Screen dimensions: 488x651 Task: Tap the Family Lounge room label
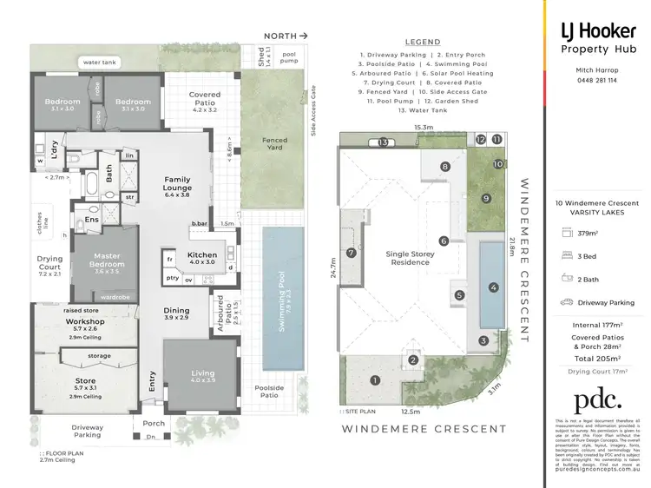click(177, 184)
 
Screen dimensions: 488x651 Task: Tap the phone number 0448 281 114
click(596, 80)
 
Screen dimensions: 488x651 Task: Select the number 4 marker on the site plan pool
click(493, 287)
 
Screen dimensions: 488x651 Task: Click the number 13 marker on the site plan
click(382, 142)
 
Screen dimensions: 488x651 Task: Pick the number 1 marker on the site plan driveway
click(375, 379)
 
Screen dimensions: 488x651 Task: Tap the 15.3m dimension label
click(423, 127)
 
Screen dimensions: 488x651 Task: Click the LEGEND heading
click(423, 42)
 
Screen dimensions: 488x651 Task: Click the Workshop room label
click(85, 321)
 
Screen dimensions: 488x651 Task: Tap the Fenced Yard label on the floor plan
click(275, 144)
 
